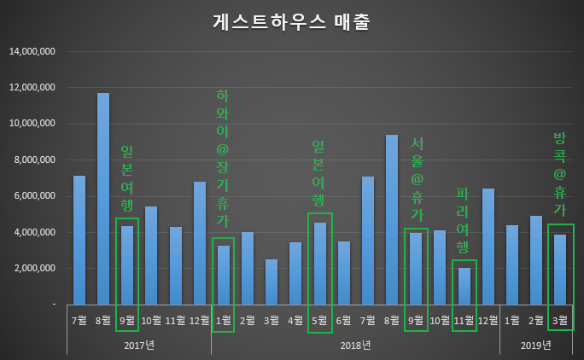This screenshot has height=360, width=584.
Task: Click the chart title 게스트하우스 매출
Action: (x=291, y=22)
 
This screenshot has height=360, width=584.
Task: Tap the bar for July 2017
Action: (x=79, y=240)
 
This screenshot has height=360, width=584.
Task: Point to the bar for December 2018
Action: (x=488, y=247)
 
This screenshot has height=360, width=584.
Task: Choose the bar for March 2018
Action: (x=272, y=282)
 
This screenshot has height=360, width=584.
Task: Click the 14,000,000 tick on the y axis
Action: (x=32, y=51)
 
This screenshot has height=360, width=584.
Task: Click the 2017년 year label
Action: (x=139, y=345)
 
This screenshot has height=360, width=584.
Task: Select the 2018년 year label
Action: (x=355, y=345)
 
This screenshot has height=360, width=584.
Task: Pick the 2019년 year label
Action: (x=536, y=345)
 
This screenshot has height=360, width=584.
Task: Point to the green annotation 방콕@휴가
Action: (x=560, y=173)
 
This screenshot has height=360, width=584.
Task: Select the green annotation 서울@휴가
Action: (x=416, y=178)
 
